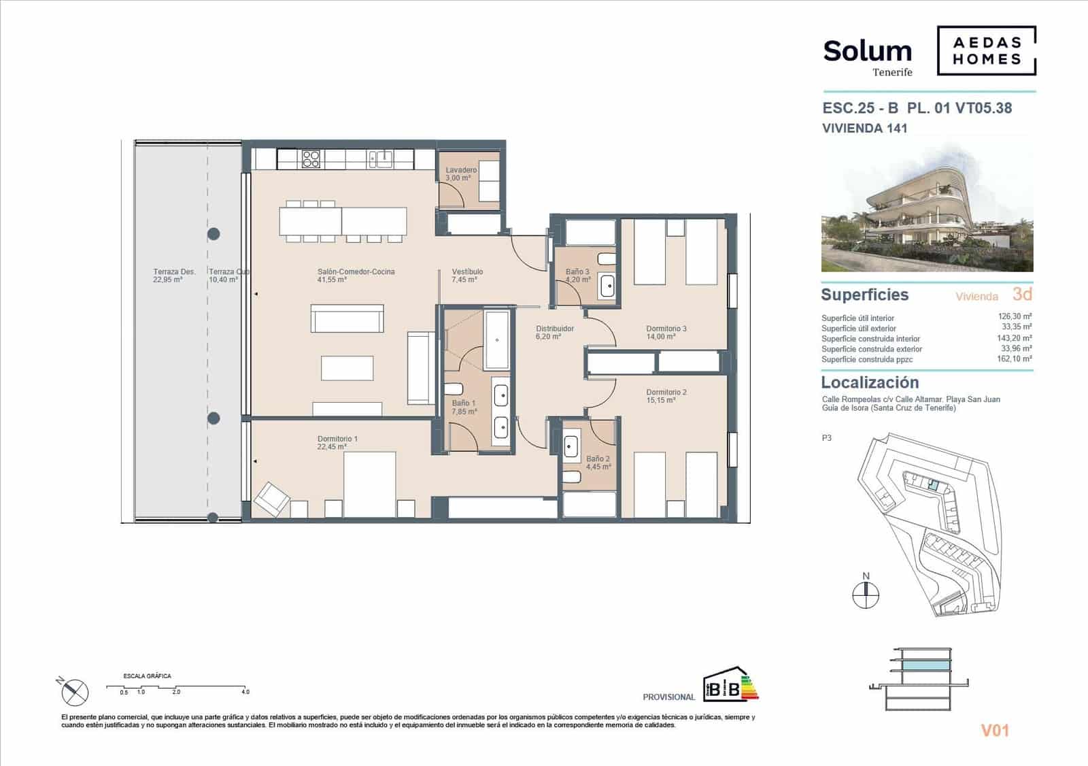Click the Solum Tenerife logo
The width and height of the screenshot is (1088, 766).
[867, 56]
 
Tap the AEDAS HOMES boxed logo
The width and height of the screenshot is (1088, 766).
[986, 50]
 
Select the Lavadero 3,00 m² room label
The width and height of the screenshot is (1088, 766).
[460, 174]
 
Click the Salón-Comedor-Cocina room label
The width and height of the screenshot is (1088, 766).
[356, 276]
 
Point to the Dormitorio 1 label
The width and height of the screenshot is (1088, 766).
[337, 443]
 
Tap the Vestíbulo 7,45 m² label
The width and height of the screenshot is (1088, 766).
[467, 276]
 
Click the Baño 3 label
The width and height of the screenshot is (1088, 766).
[577, 276]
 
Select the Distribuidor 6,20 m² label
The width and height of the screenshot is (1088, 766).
[554, 333]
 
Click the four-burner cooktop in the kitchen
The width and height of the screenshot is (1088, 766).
[311, 159]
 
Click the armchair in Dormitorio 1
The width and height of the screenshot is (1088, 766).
[271, 500]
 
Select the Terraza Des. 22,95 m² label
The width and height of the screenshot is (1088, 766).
[174, 276]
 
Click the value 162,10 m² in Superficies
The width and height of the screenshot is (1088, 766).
[1017, 359]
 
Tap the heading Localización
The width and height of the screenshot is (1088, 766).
[870, 382]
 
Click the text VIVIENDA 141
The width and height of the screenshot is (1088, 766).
[864, 128]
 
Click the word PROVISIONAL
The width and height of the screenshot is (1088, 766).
[668, 697]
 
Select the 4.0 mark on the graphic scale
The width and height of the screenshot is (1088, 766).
[245, 692]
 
